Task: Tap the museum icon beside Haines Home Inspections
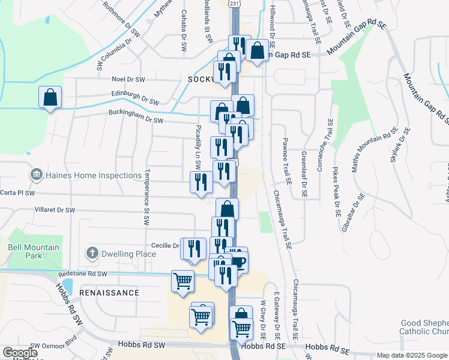click(36, 175)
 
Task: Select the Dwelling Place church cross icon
click(92, 254)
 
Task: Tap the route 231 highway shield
click(235, 3)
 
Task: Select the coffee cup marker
click(240, 262)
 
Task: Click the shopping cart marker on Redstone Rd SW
click(182, 280)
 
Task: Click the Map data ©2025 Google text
click(411, 355)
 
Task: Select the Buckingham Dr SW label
click(136, 120)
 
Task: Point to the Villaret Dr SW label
click(55, 211)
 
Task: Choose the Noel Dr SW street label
click(128, 79)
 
